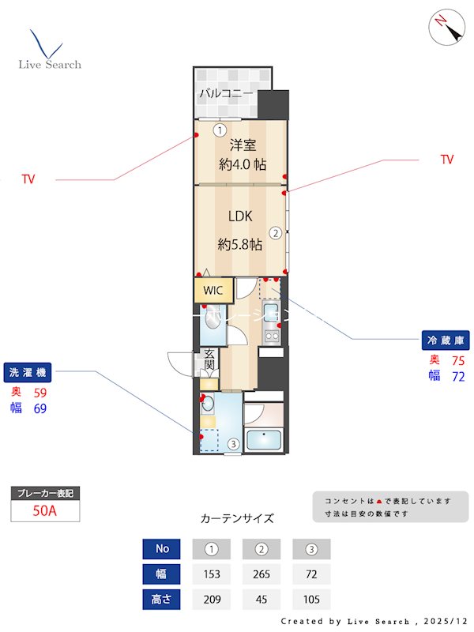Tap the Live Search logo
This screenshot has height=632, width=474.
[49, 51]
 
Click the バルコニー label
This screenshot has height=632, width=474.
[226, 93]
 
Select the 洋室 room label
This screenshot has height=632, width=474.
[243, 145]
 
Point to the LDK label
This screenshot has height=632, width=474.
[241, 216]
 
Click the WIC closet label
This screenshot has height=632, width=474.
[213, 291]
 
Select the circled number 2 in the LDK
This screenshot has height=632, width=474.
[276, 233]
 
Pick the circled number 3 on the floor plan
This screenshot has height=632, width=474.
[233, 444]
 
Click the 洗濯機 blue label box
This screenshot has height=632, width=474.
[28, 372]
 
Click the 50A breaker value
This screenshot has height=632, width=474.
[45, 511]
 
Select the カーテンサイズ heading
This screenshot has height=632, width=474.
[237, 519]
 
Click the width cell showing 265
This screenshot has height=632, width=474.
[261, 574]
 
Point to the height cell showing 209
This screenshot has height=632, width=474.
[212, 600]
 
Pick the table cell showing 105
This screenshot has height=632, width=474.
[311, 600]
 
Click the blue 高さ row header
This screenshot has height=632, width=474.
[162, 600]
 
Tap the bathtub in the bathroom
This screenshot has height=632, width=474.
[264, 439]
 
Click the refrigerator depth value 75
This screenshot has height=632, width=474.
[457, 360]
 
